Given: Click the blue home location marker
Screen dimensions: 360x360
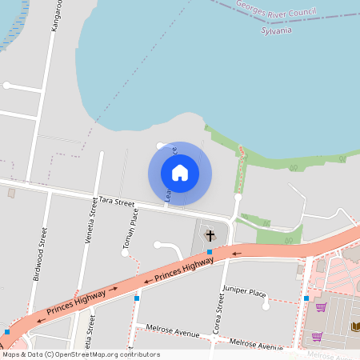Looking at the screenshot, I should click(x=180, y=173).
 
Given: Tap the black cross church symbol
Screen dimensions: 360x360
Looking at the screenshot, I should click(x=210, y=235).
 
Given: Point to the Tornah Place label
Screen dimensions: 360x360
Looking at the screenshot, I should click(x=132, y=228).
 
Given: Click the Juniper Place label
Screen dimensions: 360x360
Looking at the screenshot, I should click(x=244, y=292).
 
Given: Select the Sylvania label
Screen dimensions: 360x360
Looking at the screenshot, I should click(x=277, y=30).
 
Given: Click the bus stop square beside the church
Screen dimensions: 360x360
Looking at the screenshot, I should click(x=210, y=252).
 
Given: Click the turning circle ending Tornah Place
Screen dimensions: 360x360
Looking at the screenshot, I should click(x=126, y=254).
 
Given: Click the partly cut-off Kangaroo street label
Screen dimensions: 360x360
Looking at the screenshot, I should click(x=56, y=16).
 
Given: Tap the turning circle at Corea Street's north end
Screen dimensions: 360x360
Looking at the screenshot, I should click(x=238, y=196).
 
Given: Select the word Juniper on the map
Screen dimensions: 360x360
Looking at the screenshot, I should click(x=235, y=292).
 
